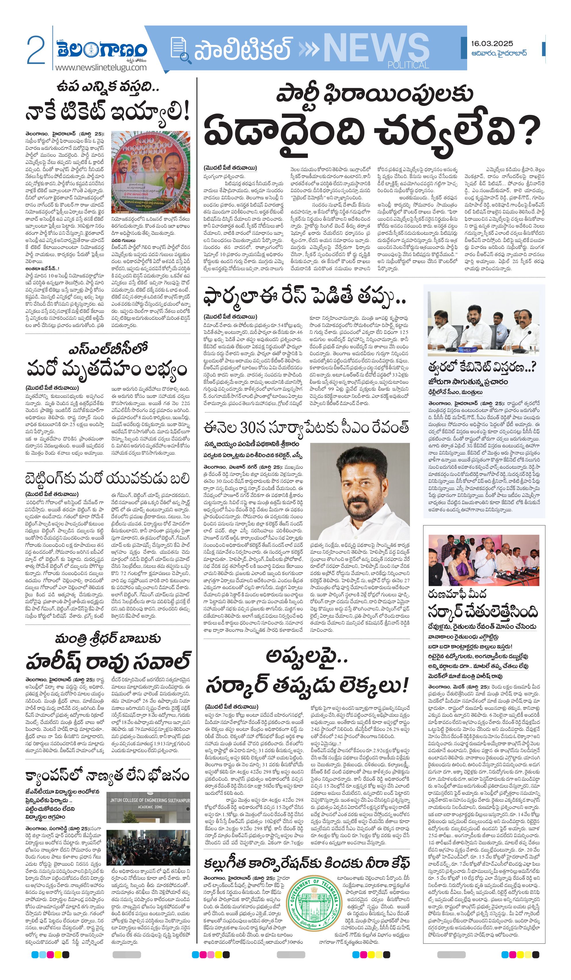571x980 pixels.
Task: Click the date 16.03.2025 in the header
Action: (492, 43)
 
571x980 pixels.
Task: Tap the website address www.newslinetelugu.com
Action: (101, 67)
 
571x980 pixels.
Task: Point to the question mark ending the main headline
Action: (529, 131)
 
